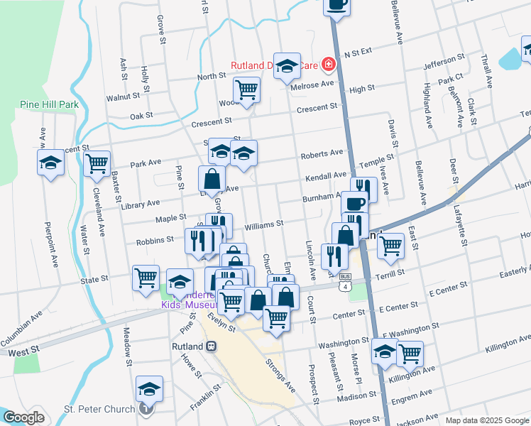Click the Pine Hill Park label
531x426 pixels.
[x=49, y=104]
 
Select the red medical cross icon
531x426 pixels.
[x=328, y=65]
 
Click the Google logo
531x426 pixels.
[x=23, y=417]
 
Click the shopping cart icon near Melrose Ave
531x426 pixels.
[x=246, y=90]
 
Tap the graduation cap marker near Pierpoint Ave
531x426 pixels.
[x=50, y=163]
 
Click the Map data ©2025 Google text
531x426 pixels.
[x=486, y=420]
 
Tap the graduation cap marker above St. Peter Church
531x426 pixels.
[x=149, y=389]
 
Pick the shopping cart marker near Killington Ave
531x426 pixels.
[x=410, y=353]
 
